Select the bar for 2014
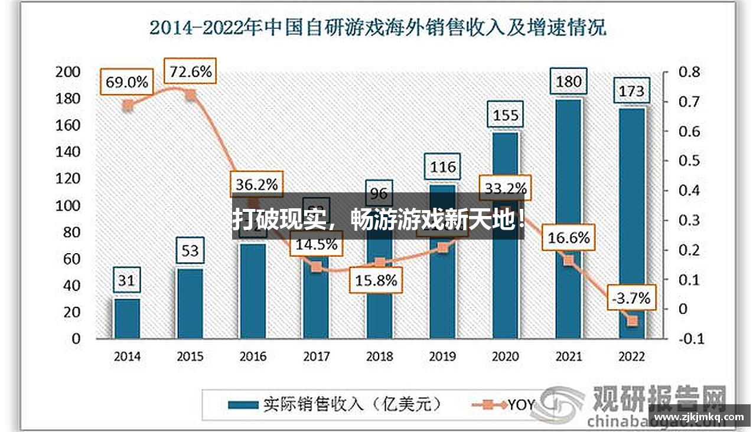pos(127,319)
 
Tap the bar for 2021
pos(568,218)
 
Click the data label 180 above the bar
pos(568,81)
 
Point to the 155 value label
pos(506,114)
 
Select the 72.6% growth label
pos(190,72)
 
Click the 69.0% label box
pos(126,82)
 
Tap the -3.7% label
pos(631,298)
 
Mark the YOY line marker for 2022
pos(632,321)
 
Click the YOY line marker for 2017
pos(316,267)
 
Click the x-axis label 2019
pos(442,356)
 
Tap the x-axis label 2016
pos(253,356)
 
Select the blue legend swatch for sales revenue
pos(243,405)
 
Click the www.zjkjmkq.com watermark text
pos(700,417)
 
